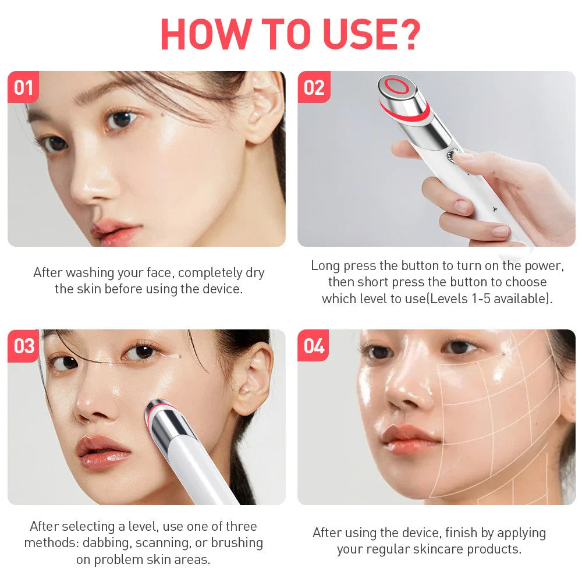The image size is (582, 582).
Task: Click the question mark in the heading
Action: click(x=407, y=35)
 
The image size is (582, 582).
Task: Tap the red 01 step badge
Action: click(x=23, y=87)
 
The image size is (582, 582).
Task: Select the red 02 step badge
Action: click(x=314, y=87)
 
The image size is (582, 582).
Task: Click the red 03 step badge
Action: click(x=24, y=346)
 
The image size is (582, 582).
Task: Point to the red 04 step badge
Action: click(x=314, y=346)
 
